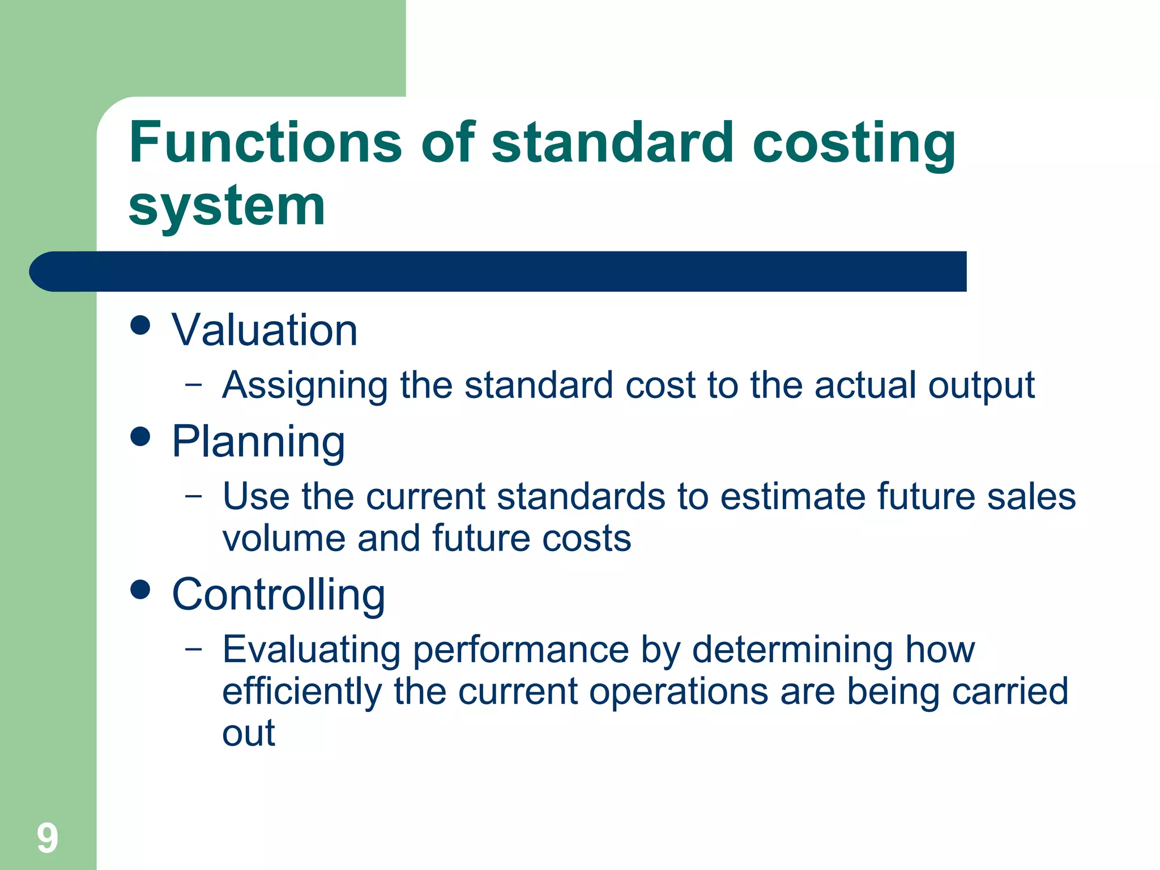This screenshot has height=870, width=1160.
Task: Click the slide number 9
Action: [48, 838]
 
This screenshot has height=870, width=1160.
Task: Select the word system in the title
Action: [227, 206]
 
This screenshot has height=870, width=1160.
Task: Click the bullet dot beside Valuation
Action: [140, 325]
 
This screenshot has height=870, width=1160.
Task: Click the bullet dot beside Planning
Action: [140, 437]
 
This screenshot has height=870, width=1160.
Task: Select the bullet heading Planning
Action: [258, 442]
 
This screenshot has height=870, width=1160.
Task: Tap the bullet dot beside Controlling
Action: [140, 589]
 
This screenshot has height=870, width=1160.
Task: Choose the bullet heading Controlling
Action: [278, 595]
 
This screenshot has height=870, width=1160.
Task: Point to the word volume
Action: [283, 538]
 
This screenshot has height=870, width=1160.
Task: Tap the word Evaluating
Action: [311, 650]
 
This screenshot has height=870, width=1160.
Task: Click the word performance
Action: [521, 650]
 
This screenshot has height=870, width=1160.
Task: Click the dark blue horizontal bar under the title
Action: [498, 271]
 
